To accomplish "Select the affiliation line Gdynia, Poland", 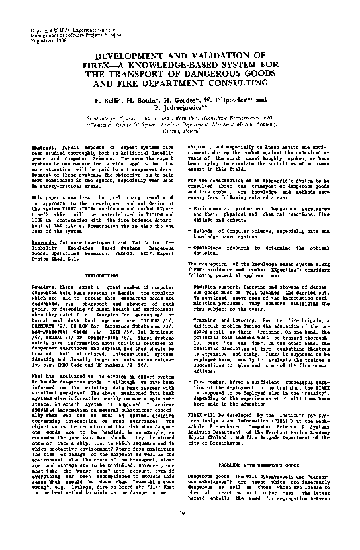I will tap(180, 131).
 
